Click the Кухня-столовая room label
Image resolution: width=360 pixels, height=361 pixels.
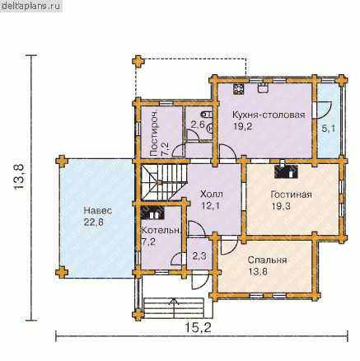269,115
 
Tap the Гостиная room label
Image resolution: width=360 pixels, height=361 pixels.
291,195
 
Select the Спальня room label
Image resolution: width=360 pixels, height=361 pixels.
267,260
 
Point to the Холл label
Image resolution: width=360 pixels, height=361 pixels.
212,195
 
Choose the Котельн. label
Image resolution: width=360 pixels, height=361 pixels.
161,230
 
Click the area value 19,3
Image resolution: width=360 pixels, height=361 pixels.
281,206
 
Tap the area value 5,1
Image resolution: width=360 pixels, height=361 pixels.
329,129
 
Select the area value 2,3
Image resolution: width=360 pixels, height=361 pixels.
199,256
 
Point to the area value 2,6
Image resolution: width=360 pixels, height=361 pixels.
198,125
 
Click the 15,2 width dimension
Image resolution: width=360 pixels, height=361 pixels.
198,327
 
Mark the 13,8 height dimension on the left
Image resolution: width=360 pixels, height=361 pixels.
19,176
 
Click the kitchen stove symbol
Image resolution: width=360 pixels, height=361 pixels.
239,89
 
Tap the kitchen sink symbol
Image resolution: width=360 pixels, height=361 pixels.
263,88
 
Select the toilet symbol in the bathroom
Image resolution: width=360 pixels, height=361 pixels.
208,114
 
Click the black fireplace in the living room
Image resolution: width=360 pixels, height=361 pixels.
286,171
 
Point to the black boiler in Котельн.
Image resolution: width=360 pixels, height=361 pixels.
152,213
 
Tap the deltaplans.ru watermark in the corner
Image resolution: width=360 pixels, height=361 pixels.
31,6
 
